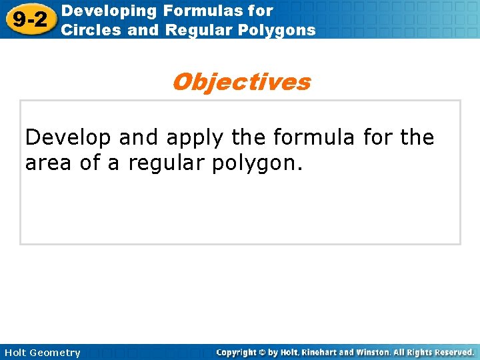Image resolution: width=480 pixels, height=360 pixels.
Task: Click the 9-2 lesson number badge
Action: pyautogui.click(x=30, y=19)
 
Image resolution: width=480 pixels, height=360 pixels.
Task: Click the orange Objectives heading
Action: pyautogui.click(x=241, y=82)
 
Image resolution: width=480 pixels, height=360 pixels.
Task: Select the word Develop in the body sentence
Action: pyautogui.click(x=69, y=138)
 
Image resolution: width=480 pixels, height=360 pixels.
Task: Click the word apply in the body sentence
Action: pyautogui.click(x=189, y=138)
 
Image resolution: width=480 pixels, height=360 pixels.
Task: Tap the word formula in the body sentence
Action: pyautogui.click(x=315, y=138)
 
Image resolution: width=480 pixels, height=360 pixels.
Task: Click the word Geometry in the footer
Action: pyautogui.click(x=55, y=353)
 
